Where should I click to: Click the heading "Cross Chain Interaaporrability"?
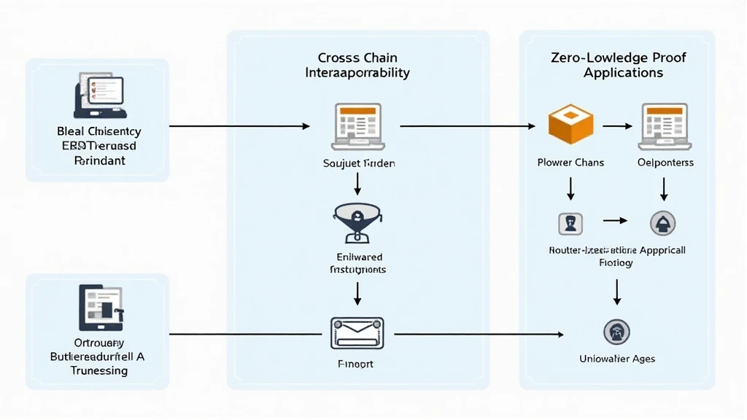tap(357, 65)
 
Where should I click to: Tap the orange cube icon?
tap(570, 123)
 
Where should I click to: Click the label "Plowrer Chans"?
tap(570, 162)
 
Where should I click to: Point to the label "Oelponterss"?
tap(665, 162)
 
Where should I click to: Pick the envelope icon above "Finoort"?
tap(357, 332)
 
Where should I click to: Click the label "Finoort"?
tap(357, 363)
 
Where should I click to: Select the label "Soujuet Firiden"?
tap(358, 163)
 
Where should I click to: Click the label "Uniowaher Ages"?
tap(617, 358)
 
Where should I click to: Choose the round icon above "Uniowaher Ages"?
tap(617, 332)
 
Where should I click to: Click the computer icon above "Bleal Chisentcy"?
tap(100, 96)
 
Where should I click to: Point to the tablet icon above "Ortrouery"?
tap(99, 308)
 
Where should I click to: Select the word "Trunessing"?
tap(99, 370)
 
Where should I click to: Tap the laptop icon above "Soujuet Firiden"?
tap(357, 124)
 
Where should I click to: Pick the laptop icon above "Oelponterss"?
tap(665, 123)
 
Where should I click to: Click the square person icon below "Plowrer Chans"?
tap(570, 223)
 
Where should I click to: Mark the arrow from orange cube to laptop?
tap(617, 125)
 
